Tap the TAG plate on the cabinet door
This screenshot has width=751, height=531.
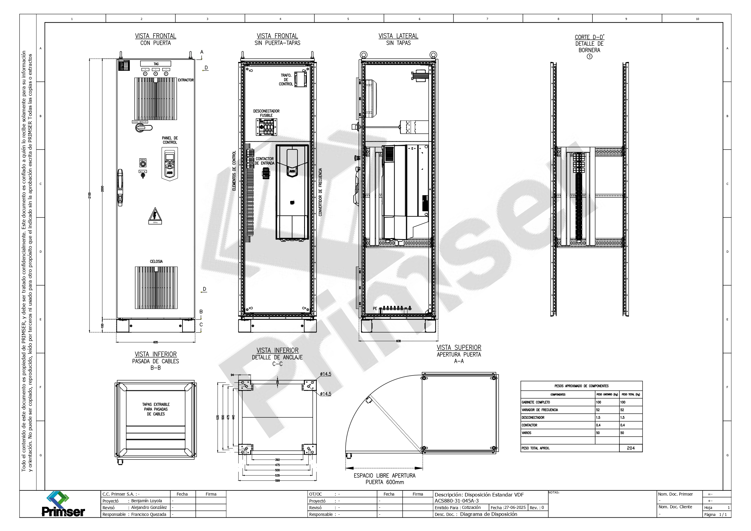click(156, 64)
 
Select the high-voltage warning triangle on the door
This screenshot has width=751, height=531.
click(155, 216)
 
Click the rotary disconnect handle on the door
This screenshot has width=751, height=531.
click(143, 127)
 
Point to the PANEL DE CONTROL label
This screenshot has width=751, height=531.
click(170, 140)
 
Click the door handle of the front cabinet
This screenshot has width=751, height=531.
click(120, 188)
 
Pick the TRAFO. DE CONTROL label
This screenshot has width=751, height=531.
click(286, 80)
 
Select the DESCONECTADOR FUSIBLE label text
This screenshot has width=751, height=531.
click(266, 113)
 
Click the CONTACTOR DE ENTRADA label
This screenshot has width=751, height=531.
click(265, 161)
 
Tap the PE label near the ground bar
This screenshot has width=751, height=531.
click(375, 309)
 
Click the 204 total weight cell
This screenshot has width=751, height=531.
click(631, 448)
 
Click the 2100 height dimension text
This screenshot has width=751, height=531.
click(90, 195)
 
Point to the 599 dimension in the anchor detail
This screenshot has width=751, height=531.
click(277, 480)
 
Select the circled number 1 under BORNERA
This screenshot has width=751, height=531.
click(589, 57)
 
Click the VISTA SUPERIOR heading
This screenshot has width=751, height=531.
click(459, 347)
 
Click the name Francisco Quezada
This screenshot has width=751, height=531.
click(149, 514)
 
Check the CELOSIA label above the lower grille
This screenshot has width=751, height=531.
click(156, 261)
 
